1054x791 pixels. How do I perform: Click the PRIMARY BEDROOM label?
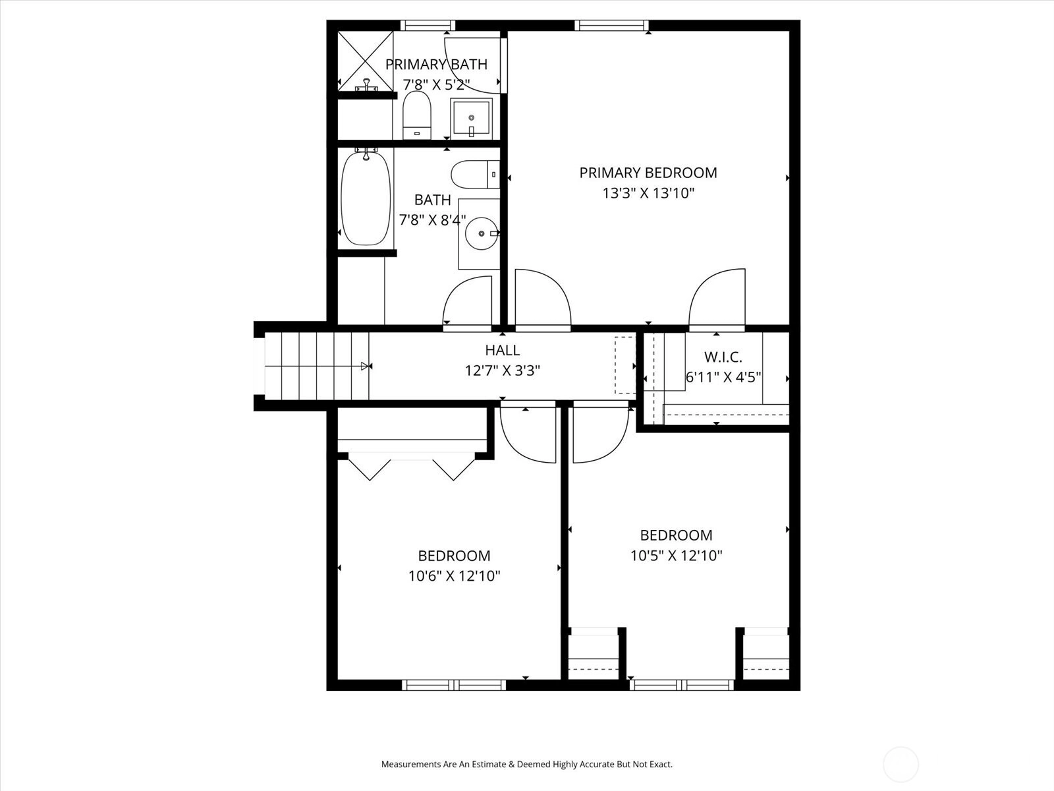tap(648, 173)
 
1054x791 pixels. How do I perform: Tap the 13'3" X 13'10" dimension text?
tap(648, 193)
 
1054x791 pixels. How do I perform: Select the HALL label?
tap(502, 350)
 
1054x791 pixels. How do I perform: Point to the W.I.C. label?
tap(723, 357)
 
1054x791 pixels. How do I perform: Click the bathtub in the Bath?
tap(366, 198)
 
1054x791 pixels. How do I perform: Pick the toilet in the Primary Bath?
tap(416, 115)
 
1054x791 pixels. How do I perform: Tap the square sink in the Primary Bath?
tap(471, 119)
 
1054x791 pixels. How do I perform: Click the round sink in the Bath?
tap(482, 233)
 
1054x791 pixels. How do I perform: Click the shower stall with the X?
tap(366, 61)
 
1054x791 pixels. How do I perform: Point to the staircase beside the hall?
tap(317, 366)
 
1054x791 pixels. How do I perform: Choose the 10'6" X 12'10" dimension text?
tap(455, 575)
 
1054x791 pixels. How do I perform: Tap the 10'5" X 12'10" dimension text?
tap(676, 555)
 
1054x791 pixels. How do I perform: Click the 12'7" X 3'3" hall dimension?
tap(502, 370)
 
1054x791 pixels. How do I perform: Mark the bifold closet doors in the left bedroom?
tap(412, 466)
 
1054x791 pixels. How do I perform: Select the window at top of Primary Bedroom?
tap(612, 26)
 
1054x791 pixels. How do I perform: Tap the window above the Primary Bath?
tap(428, 26)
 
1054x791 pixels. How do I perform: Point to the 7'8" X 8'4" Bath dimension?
tap(433, 220)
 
